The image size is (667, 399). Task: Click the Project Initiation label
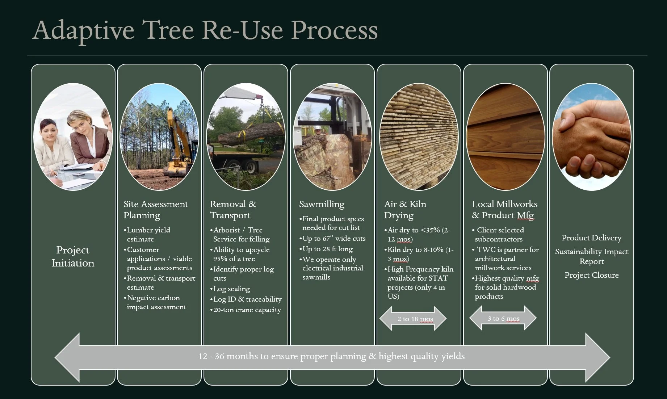73,256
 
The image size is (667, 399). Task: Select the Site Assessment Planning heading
156,210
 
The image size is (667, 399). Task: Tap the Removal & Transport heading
233,210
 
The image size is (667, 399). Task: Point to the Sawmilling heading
322,204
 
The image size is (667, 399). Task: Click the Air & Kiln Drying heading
405,210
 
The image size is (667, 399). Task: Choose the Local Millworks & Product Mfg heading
504,210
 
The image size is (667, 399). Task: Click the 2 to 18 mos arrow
413,319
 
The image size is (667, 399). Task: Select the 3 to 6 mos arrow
503,318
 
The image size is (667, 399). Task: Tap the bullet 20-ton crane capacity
247,310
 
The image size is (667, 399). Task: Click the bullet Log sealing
231,289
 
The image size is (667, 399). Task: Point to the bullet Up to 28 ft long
327,249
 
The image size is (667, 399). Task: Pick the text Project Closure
591,275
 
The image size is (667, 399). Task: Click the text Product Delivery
591,238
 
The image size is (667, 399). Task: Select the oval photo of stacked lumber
419,137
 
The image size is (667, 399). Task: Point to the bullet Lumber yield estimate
148,235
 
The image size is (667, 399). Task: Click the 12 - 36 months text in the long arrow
331,356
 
